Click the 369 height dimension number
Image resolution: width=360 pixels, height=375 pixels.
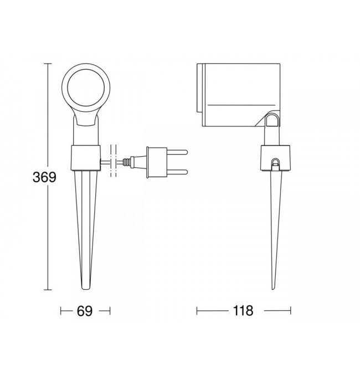point(44,177)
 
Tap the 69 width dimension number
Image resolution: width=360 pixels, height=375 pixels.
point(85,311)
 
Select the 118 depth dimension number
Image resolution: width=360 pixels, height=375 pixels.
point(243,311)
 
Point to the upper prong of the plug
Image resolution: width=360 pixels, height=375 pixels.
point(177,152)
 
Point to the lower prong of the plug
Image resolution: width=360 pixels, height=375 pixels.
point(177,172)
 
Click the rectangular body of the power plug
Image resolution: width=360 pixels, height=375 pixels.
point(157,162)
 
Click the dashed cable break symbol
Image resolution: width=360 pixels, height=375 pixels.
point(114,161)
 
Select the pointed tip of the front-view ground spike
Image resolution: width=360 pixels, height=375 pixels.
point(86,289)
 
